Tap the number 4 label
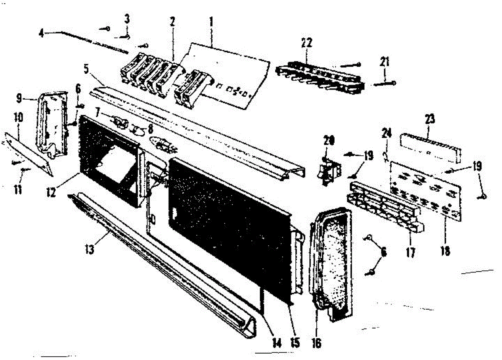click(x=41, y=33)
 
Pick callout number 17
click(x=410, y=253)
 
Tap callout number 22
click(x=306, y=43)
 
